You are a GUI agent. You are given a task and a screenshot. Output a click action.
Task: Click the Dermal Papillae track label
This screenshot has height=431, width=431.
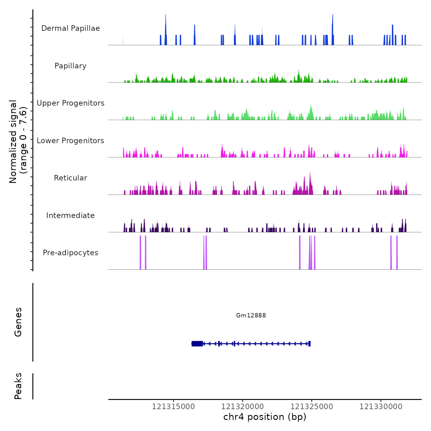(x=70, y=28)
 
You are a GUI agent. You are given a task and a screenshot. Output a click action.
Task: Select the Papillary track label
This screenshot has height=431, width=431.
(x=70, y=66)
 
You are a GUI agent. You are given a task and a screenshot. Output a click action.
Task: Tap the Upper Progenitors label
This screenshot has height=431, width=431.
(x=70, y=103)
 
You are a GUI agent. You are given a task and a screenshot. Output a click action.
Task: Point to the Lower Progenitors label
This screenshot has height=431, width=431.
(x=70, y=141)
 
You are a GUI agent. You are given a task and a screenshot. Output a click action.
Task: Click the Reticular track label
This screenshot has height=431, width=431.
(x=70, y=178)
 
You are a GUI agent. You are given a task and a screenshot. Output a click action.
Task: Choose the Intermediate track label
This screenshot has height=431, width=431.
(x=70, y=216)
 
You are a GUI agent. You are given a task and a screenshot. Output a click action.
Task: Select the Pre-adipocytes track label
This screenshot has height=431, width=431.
(x=70, y=253)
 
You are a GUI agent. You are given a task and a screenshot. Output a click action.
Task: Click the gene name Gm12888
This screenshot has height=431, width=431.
(x=251, y=315)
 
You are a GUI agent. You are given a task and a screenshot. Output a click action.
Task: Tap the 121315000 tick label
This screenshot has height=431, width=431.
(x=173, y=407)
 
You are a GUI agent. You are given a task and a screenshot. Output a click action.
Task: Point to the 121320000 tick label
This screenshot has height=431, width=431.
(x=243, y=407)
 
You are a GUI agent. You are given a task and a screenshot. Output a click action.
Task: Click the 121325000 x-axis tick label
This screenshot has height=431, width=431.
(x=312, y=407)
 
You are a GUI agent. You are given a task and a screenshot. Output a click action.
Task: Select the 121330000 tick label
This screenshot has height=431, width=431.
(x=381, y=407)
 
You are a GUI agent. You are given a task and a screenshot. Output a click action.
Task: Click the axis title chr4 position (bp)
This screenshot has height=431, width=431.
(x=265, y=417)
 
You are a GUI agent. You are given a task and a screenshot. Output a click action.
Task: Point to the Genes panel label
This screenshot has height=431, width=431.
(x=18, y=322)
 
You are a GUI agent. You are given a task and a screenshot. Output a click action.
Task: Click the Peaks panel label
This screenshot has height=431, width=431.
(x=18, y=386)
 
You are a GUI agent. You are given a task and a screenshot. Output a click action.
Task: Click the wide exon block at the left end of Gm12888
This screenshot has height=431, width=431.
(x=197, y=344)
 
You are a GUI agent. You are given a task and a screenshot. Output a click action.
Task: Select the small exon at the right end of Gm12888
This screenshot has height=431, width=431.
(x=309, y=344)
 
